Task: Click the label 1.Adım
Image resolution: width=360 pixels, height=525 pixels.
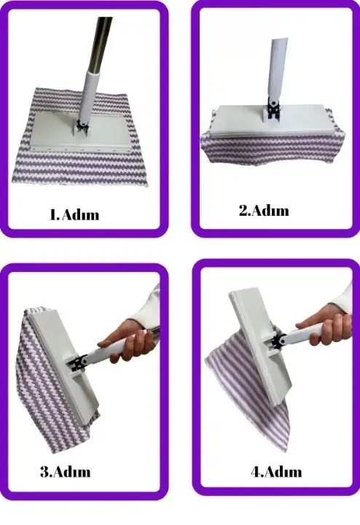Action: (74, 214)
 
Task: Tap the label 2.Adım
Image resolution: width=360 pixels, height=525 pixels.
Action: (264, 211)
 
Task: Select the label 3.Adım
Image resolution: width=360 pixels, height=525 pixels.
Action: (66, 472)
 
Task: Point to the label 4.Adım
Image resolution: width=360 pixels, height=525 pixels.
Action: (276, 472)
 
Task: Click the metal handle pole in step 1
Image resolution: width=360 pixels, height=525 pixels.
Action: (101, 44)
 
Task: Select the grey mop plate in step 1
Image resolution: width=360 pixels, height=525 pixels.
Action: (82, 132)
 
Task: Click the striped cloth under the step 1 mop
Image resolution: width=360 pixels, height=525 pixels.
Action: (80, 164)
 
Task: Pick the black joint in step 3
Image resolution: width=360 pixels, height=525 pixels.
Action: (79, 362)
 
